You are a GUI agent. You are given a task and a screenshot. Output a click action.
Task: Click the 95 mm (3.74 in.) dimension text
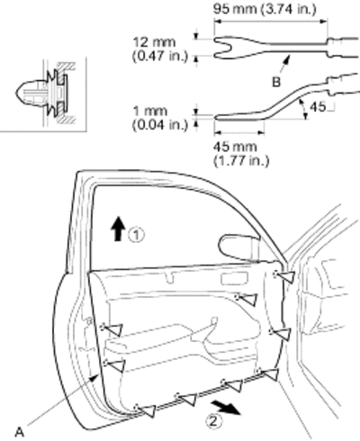(x=265, y=9)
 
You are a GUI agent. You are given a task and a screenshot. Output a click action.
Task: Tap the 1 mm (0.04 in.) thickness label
(x=159, y=118)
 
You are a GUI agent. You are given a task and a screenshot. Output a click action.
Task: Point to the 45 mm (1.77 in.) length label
(x=241, y=154)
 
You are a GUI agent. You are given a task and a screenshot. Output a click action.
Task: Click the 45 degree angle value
(x=318, y=107)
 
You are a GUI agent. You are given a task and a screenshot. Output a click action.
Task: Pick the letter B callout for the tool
(x=276, y=82)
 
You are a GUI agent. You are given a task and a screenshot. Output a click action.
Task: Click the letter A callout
(x=19, y=432)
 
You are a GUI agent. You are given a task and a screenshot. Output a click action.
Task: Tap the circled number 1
(x=137, y=235)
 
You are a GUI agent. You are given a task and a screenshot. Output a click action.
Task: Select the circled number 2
(x=214, y=421)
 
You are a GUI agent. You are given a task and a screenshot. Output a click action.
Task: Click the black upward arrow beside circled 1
(x=118, y=229)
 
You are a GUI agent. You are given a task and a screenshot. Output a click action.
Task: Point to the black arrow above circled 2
(x=226, y=407)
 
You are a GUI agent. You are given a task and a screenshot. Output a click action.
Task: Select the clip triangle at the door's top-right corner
(x=285, y=276)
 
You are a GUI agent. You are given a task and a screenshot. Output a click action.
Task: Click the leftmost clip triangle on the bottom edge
(x=147, y=410)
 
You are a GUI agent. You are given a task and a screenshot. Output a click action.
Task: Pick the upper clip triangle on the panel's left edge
(x=113, y=329)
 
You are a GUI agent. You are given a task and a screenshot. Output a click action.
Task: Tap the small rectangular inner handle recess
(x=235, y=279)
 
